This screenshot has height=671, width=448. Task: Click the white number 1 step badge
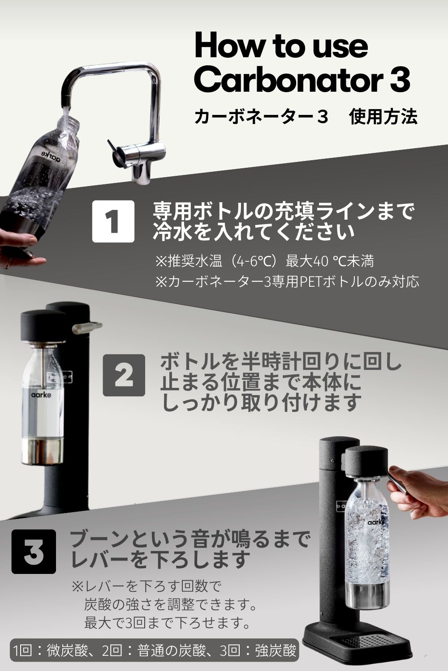click(113, 221)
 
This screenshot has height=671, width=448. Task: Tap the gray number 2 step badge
click(124, 375)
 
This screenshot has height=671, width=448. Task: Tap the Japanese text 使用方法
click(383, 117)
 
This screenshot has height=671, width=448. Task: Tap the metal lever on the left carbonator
click(87, 327)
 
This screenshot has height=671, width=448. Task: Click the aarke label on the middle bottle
click(41, 395)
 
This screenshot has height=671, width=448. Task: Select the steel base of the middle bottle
click(43, 451)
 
